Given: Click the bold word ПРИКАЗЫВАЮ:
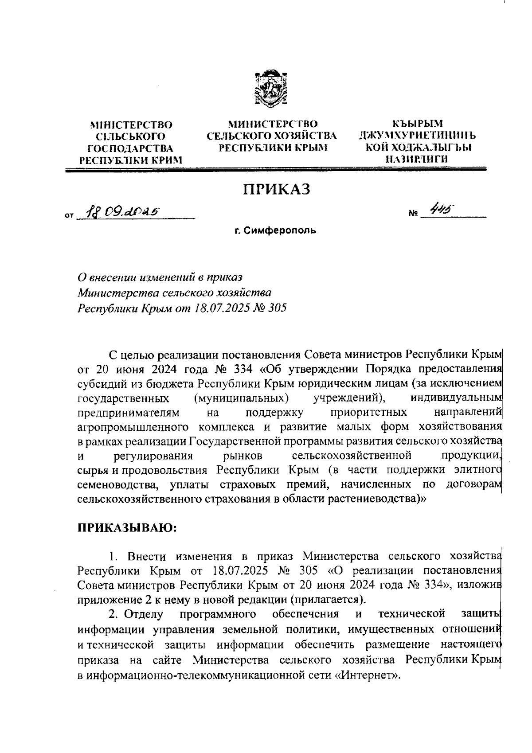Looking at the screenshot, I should point(127,528).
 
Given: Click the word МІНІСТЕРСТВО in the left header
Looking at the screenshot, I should point(131,125).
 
